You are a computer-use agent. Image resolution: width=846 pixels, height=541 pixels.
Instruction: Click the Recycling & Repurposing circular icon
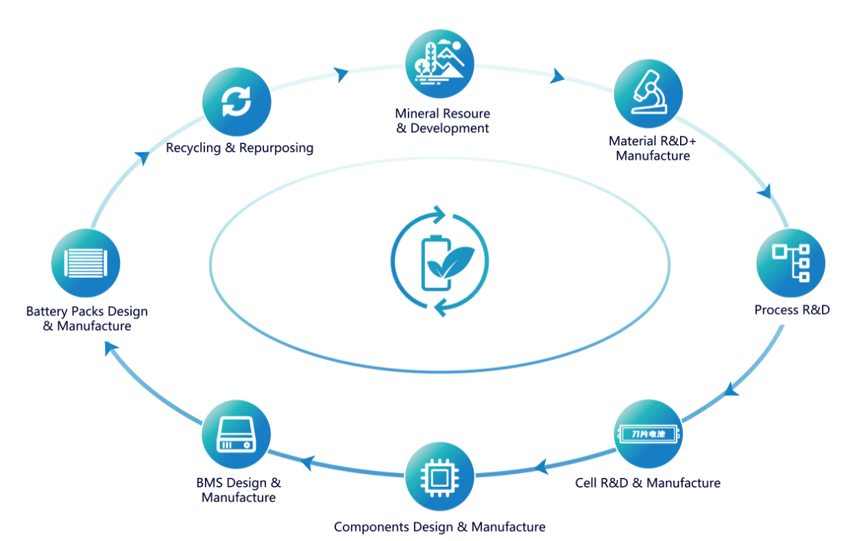[237, 103]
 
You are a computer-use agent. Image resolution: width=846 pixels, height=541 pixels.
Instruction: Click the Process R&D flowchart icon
[790, 263]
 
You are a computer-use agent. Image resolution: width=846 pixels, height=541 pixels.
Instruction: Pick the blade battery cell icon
[648, 434]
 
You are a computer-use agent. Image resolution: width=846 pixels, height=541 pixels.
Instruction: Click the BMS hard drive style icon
[237, 434]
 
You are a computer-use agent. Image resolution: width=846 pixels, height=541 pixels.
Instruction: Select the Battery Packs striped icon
[86, 263]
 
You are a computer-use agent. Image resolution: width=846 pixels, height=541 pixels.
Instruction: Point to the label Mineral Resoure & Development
[442, 121]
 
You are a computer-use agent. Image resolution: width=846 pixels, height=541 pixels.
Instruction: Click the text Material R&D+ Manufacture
[652, 148]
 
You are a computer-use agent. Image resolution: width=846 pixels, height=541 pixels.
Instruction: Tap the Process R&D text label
[792, 310]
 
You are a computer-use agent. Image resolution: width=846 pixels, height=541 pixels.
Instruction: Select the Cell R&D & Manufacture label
[648, 483]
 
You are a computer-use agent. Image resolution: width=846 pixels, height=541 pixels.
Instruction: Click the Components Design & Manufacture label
[439, 527]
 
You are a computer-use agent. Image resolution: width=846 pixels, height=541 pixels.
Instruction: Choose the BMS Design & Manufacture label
[239, 490]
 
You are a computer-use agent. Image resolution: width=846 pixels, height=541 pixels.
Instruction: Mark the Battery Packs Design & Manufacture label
[87, 319]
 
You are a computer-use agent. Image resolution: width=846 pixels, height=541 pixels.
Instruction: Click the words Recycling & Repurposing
[239, 147]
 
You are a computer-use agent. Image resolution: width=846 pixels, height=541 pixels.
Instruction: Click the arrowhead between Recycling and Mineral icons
[341, 74]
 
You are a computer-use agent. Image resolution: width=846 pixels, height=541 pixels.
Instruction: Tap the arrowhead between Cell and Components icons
[541, 468]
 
